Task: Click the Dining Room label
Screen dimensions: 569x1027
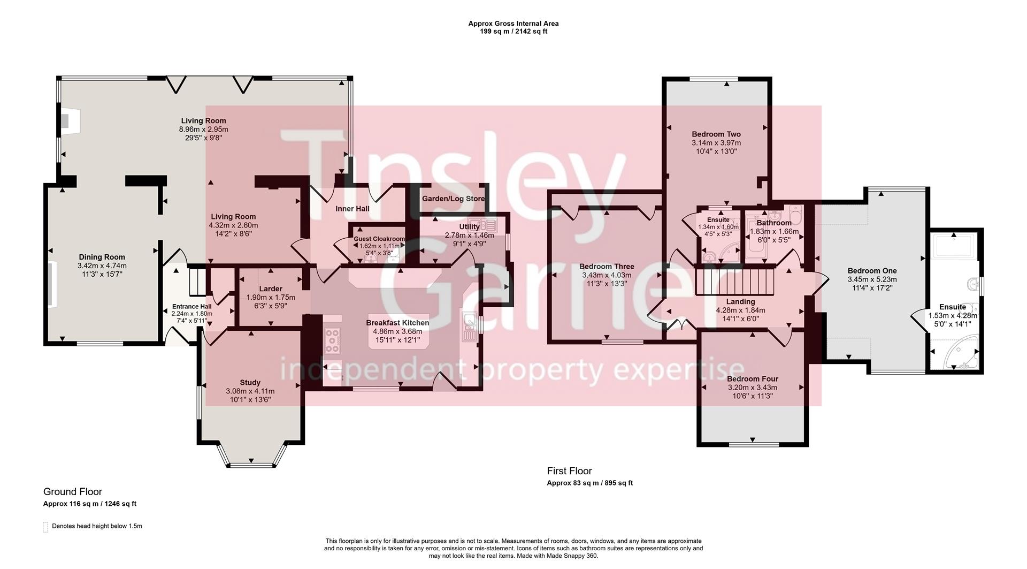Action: pyautogui.click(x=102, y=257)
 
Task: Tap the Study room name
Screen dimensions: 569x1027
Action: pyautogui.click(x=250, y=382)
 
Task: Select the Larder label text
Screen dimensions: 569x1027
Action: pyautogui.click(x=271, y=289)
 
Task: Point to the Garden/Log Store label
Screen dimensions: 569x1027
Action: pyautogui.click(x=453, y=199)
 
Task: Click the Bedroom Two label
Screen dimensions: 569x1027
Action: pyautogui.click(x=716, y=134)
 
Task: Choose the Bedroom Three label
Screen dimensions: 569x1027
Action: pyautogui.click(x=607, y=267)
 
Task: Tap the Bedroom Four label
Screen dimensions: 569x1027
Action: pyautogui.click(x=752, y=379)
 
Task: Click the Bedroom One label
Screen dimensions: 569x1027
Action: pyautogui.click(x=872, y=271)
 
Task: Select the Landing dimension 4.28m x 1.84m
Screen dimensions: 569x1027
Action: pyautogui.click(x=740, y=310)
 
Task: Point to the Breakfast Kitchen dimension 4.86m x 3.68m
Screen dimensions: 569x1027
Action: pyautogui.click(x=397, y=331)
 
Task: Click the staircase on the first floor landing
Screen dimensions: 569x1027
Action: pyautogui.click(x=735, y=281)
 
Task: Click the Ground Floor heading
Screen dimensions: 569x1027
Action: pyautogui.click(x=72, y=491)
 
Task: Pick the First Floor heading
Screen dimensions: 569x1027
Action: pyautogui.click(x=569, y=471)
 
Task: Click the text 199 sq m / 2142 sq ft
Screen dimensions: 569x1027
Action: pyautogui.click(x=513, y=32)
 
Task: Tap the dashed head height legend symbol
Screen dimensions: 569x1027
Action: pyautogui.click(x=45, y=527)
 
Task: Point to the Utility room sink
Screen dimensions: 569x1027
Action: pyautogui.click(x=476, y=223)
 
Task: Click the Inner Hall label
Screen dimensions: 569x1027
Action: pyautogui.click(x=352, y=209)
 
